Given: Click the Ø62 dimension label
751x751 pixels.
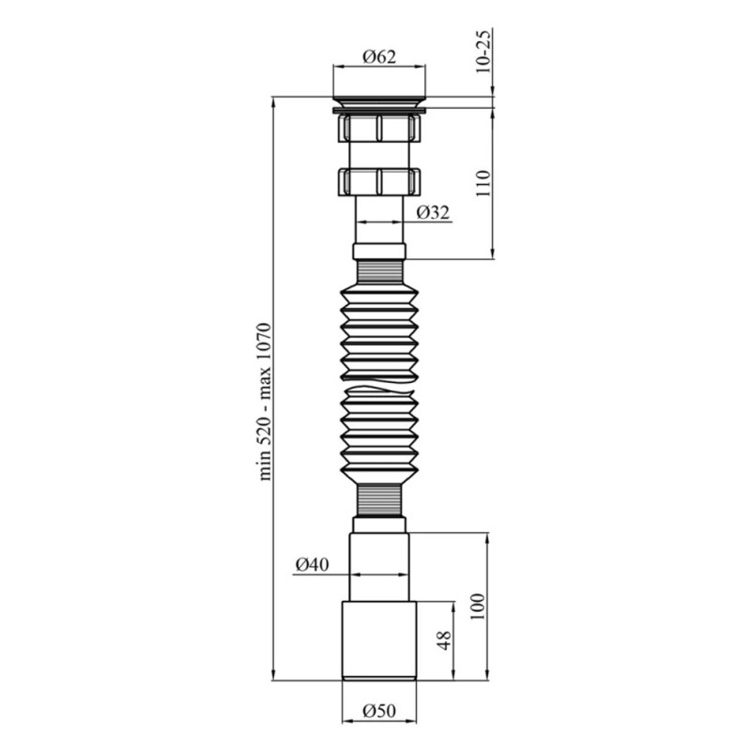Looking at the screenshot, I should [x=379, y=56].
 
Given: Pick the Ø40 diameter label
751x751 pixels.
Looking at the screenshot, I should [x=311, y=564].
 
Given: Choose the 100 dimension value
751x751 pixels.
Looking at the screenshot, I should [x=476, y=605].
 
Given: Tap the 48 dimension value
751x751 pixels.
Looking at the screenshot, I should [x=445, y=640].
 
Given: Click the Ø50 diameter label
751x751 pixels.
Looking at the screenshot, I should [x=379, y=711].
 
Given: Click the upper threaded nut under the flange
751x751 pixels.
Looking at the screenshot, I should [x=379, y=127].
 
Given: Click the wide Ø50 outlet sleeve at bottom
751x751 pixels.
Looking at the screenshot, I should [x=379, y=640].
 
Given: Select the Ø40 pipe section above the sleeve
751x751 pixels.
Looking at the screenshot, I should [x=379, y=568].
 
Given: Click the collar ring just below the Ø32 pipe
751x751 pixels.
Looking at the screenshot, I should [x=379, y=252].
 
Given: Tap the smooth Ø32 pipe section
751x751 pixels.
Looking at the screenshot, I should [x=379, y=225].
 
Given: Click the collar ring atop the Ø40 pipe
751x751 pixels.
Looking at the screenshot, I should [x=379, y=524].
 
